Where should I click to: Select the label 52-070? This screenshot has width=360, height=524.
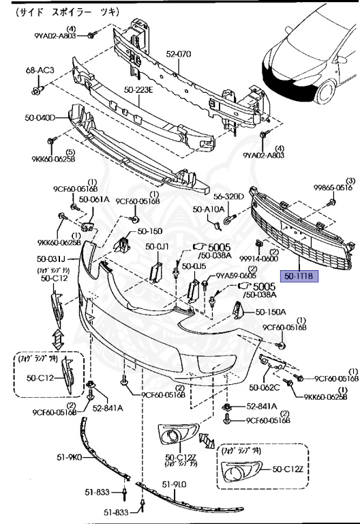point(179,53)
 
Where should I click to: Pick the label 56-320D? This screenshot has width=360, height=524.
point(229,196)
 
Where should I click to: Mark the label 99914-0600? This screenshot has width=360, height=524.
point(260,259)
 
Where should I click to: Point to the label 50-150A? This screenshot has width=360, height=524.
point(271,312)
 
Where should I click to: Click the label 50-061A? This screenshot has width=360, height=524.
point(93,199)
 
